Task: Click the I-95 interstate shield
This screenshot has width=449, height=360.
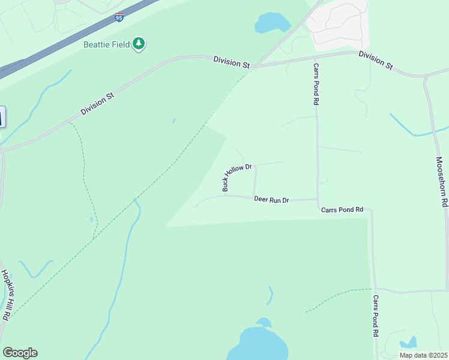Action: tap(120, 17)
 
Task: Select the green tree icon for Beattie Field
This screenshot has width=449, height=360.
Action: tap(139, 43)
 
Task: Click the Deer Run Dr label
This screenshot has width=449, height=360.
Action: tap(271, 199)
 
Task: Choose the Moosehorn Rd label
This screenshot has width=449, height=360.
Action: tap(441, 182)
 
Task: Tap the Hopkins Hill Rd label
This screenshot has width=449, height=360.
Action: tap(6, 295)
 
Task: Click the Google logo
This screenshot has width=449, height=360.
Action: tap(20, 353)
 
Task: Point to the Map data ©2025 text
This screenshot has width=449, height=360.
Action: tap(423, 355)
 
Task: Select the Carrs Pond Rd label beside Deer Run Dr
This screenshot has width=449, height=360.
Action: tap(342, 209)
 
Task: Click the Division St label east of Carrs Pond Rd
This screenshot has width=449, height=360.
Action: tap(376, 59)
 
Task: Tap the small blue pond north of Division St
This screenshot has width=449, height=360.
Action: tap(273, 23)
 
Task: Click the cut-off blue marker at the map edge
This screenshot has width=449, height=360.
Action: tap(2, 116)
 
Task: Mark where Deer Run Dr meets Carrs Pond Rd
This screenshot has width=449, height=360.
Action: tap(317, 199)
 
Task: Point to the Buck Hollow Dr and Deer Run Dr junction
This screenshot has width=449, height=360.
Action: tap(225, 195)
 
